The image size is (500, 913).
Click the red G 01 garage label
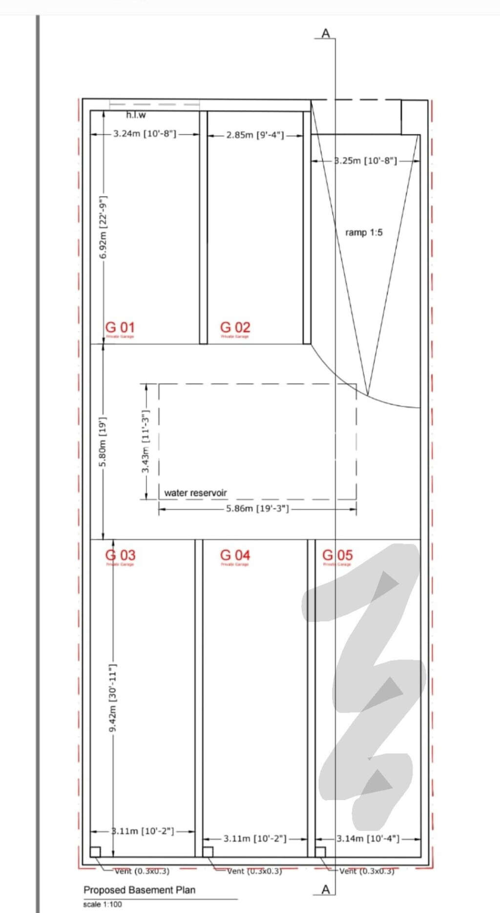(120, 327)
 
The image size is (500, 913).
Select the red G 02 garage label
(235, 327)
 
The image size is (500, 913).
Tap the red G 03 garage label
(120, 555)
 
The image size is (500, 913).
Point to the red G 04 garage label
(235, 555)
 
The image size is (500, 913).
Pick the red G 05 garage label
(337, 555)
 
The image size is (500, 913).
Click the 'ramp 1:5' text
(364, 233)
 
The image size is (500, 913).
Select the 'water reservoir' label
(195, 493)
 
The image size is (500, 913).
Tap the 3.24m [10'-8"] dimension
(145, 134)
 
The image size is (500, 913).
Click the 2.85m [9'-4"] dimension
(255, 135)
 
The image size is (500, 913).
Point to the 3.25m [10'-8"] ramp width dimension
(366, 161)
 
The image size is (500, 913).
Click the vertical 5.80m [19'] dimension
(103, 442)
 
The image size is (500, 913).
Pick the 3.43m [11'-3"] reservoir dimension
(146, 441)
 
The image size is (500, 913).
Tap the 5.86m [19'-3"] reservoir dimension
(257, 509)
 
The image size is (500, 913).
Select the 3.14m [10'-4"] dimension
(368, 839)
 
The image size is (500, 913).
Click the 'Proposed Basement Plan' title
(139, 890)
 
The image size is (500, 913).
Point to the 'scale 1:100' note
(103, 904)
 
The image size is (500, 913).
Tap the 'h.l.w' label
(136, 115)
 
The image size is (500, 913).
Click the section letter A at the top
(326, 33)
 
